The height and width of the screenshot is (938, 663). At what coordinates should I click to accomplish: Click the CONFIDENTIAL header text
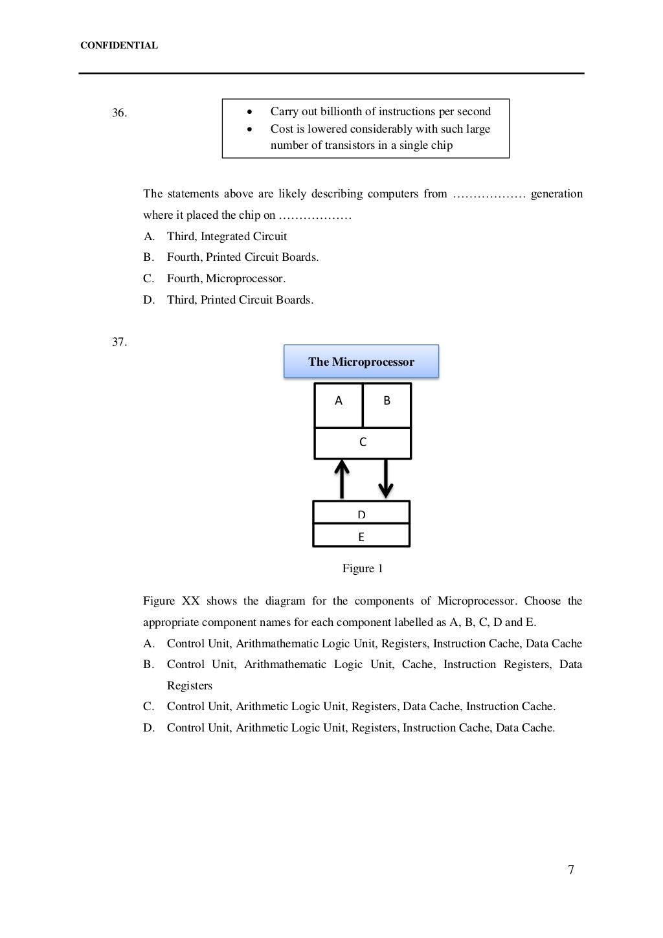(118, 46)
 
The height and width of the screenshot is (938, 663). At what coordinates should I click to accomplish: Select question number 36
(119, 113)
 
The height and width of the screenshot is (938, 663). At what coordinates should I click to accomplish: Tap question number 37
(119, 342)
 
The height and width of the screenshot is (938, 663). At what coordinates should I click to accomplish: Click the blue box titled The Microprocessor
(361, 362)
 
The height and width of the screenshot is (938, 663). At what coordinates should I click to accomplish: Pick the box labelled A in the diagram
(338, 405)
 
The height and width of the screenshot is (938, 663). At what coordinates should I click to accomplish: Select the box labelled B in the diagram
(387, 405)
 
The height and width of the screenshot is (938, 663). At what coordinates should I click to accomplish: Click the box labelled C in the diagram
(363, 443)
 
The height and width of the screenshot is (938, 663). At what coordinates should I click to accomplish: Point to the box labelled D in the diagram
(361, 512)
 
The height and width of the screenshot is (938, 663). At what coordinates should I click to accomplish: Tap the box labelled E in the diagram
(361, 536)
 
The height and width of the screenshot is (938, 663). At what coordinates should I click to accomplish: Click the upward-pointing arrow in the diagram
(342, 479)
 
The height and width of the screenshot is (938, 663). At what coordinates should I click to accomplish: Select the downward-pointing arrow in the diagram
(386, 479)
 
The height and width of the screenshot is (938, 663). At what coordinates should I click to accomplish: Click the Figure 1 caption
(363, 568)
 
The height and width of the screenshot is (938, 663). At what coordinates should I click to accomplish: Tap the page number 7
(571, 869)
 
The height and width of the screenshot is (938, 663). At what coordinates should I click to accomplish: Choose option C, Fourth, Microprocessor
(226, 279)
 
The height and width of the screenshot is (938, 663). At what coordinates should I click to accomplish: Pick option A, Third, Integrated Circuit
(227, 237)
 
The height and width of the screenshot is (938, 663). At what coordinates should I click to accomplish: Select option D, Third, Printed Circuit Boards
(240, 300)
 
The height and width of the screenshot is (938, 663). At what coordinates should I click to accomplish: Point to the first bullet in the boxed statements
(249, 112)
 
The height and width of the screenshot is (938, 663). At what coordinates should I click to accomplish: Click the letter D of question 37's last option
(149, 728)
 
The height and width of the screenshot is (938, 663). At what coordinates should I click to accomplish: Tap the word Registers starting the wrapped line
(190, 686)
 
